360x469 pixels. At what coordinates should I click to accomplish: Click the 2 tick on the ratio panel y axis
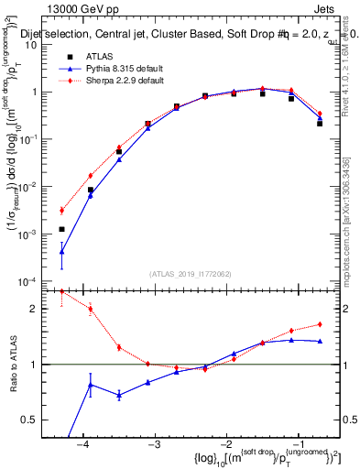pyautogui.click(x=47, y=309)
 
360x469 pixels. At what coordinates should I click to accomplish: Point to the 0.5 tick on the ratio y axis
pyautogui.click(x=42, y=420)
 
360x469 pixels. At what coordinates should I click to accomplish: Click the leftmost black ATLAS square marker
pyautogui.click(x=61, y=229)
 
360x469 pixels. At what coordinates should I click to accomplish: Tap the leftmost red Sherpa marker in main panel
pyautogui.click(x=61, y=210)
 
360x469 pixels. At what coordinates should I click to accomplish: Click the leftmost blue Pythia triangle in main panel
pyautogui.click(x=61, y=251)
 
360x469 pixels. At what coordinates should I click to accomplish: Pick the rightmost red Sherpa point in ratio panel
pyautogui.click(x=320, y=323)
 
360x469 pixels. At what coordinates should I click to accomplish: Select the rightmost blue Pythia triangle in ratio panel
pyautogui.click(x=320, y=341)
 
